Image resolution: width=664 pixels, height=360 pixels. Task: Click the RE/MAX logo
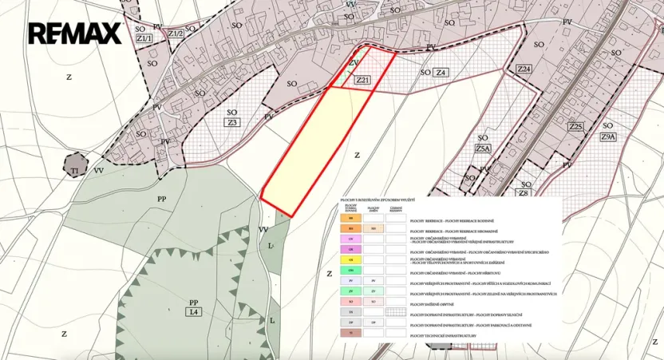tap(74, 33)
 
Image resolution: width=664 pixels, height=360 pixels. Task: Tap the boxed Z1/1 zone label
tap(144, 38)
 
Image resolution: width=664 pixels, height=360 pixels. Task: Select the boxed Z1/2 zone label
tap(176, 34)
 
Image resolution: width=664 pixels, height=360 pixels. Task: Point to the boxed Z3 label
tap(232, 122)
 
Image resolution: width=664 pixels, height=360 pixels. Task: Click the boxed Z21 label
tap(363, 80)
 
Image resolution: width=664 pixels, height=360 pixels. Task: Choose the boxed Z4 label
tap(441, 73)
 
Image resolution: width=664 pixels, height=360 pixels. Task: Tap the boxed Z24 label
tap(524, 69)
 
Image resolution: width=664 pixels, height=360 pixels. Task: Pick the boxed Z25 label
tap(576, 126)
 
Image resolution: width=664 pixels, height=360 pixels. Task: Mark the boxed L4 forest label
tap(192, 311)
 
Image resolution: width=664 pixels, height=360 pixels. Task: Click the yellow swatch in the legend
tap(350, 260)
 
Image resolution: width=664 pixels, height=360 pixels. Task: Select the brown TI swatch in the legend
tap(350, 333)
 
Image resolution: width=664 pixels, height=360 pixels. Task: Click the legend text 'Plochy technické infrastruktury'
tap(443, 336)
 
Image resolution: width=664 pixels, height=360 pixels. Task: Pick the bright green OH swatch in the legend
tap(350, 271)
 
